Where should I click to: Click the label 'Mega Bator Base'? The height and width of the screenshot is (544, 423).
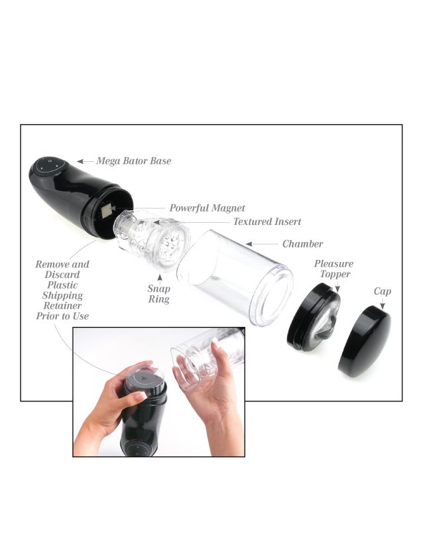[x=134, y=161]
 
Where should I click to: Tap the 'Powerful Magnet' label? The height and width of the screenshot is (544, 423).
[x=207, y=208]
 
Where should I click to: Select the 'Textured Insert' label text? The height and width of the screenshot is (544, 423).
[x=267, y=222]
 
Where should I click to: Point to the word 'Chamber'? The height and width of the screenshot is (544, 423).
[x=303, y=244]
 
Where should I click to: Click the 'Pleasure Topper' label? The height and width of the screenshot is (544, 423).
[x=334, y=269]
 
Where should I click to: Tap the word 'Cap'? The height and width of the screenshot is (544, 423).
[x=383, y=291]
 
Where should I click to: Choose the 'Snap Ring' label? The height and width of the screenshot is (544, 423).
[x=159, y=294]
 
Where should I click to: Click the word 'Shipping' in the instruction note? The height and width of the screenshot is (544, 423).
[x=62, y=296]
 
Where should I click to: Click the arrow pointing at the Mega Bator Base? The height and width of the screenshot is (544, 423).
[x=86, y=161]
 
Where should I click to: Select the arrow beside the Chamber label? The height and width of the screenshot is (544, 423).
[x=262, y=244]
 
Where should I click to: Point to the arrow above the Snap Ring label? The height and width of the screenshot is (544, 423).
[x=160, y=279]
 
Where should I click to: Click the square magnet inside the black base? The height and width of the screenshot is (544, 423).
[x=107, y=211]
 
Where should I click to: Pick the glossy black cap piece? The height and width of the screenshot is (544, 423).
[x=364, y=342]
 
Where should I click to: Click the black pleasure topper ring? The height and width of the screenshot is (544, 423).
[x=313, y=317]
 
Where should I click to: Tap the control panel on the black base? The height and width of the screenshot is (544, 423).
[x=49, y=165]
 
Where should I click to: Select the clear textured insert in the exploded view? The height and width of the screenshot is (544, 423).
[x=152, y=239]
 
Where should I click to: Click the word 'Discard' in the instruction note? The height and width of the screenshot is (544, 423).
[x=62, y=275]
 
